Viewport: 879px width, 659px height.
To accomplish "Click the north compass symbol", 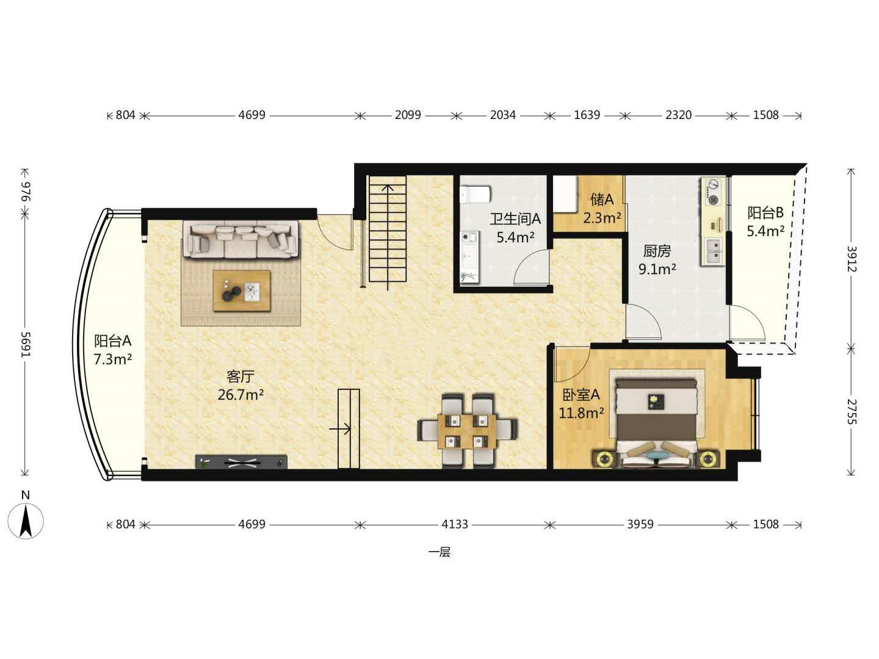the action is (26, 520).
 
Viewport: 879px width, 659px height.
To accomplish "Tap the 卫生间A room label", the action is (515, 218).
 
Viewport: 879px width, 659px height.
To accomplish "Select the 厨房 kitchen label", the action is (657, 251).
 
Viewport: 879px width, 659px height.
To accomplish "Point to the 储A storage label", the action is (602, 200).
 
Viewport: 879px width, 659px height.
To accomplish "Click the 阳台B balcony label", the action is (765, 213).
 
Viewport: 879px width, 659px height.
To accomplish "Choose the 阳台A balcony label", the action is (113, 341).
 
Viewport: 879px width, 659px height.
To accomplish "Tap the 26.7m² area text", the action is (241, 395).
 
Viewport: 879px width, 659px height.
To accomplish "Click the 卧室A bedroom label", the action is (581, 395).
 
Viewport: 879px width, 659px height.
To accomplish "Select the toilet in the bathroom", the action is (475, 195).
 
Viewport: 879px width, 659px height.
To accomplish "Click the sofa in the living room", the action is (241, 239).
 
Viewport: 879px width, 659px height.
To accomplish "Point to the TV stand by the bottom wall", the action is (242, 462).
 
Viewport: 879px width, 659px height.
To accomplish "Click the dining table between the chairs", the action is (467, 431).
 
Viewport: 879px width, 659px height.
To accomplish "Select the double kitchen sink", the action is (714, 250).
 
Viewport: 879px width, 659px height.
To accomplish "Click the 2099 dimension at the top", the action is (408, 115).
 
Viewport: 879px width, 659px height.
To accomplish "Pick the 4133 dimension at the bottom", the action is (455, 524).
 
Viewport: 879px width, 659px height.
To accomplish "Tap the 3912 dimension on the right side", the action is (852, 259).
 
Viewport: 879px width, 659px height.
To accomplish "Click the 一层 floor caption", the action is (440, 553).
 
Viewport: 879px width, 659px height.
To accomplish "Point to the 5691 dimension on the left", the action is (26, 345).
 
